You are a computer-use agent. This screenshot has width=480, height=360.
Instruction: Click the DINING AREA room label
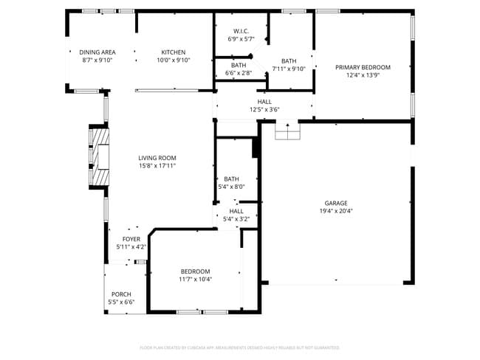click(x=97, y=52)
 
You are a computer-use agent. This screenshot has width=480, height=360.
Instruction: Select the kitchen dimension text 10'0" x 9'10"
click(x=174, y=60)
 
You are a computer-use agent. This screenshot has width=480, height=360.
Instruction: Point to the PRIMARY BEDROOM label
click(x=363, y=67)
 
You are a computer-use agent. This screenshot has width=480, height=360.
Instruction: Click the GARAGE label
click(x=335, y=203)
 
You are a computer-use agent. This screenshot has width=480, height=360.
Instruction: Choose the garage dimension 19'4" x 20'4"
click(x=335, y=211)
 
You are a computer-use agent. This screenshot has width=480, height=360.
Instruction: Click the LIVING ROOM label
click(x=157, y=158)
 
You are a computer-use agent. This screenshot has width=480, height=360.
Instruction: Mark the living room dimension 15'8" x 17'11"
click(x=157, y=166)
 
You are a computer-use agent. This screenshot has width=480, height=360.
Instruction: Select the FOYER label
click(x=131, y=239)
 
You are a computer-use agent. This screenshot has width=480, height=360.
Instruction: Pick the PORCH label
click(x=121, y=294)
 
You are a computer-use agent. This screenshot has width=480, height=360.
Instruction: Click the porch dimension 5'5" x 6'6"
click(x=121, y=302)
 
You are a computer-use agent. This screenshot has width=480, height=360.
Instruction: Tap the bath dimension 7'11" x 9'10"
click(x=288, y=69)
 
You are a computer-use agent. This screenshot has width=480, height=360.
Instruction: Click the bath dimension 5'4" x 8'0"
click(x=231, y=187)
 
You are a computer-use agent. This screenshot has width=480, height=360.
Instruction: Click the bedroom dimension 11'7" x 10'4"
click(x=195, y=280)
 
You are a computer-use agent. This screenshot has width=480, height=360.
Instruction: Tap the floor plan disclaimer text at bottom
click(x=239, y=347)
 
